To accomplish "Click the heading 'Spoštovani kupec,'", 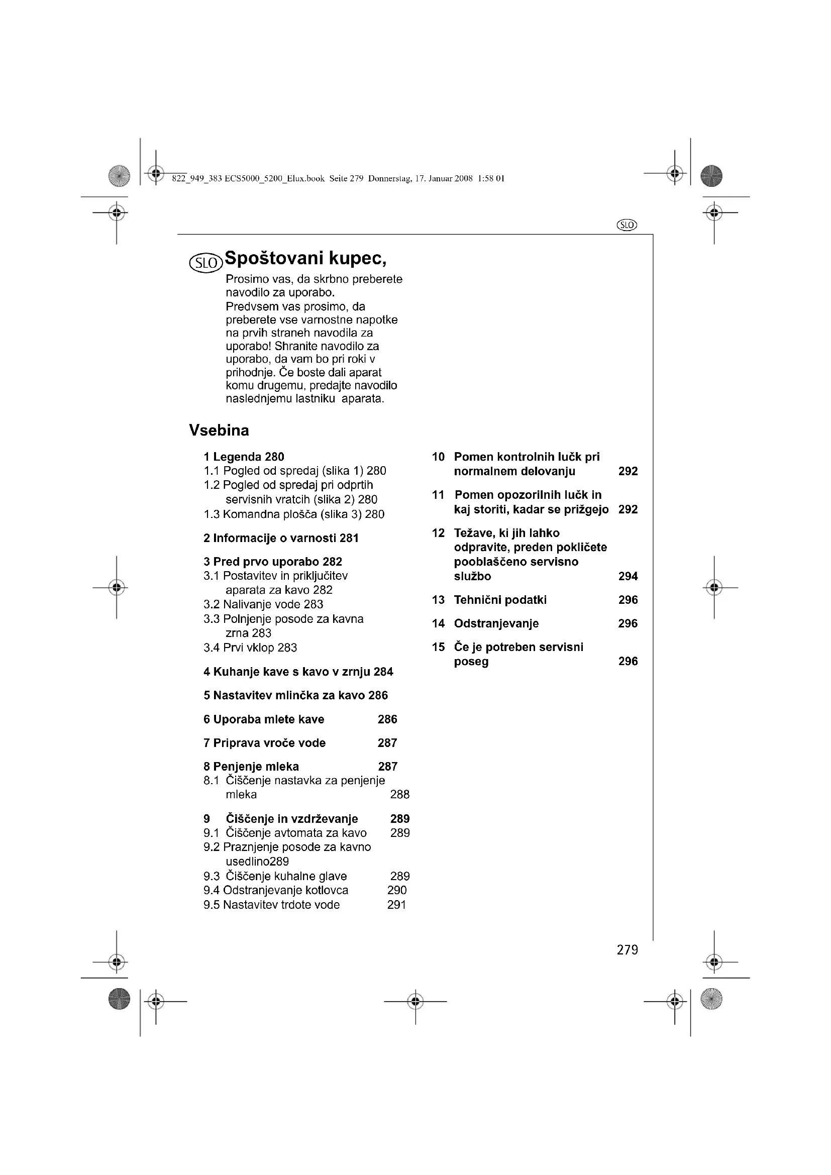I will coord(305,259).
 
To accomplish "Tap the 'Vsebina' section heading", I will coord(219,431).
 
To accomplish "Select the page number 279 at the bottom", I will coord(628,950).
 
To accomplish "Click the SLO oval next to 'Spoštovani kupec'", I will coord(206,263).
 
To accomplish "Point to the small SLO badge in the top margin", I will coord(627,225).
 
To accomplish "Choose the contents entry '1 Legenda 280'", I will coord(244,457).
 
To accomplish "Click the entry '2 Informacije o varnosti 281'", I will coord(281,538).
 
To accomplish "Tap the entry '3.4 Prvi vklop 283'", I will coord(250,648).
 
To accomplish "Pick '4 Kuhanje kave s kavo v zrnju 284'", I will coord(298,672).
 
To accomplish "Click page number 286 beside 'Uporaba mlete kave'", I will coord(387,719).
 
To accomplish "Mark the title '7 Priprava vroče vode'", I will coord(265,742).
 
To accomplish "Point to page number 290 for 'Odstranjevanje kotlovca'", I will coord(397,890).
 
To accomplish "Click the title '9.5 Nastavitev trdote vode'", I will coord(272,904).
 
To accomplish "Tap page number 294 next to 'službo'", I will coord(628,576).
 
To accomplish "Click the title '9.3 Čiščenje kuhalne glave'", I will coord(275,876).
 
